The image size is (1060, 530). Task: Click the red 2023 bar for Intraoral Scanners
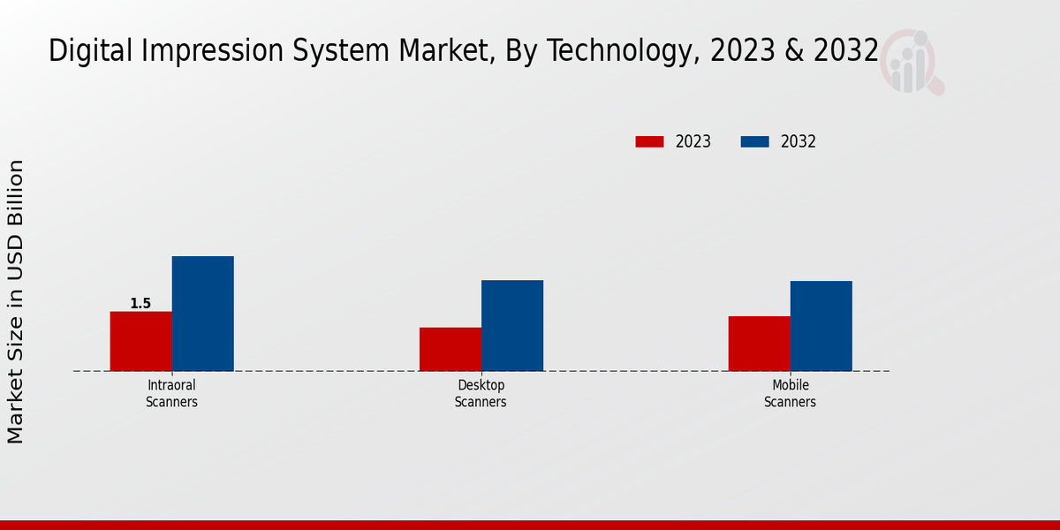(x=140, y=341)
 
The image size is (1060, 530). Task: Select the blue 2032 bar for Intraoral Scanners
(x=202, y=314)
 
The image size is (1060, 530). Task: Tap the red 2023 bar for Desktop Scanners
(x=450, y=349)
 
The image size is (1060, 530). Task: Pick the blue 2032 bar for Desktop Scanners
(x=512, y=325)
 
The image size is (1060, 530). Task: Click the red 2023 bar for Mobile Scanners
(x=759, y=344)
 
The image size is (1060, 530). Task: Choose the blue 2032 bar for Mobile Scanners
(x=821, y=326)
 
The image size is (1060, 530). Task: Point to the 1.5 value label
(x=140, y=304)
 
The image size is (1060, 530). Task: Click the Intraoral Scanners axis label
(x=171, y=394)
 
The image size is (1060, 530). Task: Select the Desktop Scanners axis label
(x=481, y=394)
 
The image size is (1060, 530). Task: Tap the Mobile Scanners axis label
(x=790, y=394)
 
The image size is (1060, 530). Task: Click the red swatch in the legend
(x=649, y=141)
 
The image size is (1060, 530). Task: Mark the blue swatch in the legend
(x=754, y=141)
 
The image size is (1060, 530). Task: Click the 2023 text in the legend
(x=693, y=141)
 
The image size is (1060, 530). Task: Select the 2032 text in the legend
(x=799, y=141)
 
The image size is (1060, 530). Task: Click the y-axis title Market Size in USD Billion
(x=16, y=301)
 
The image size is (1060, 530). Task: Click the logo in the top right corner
(x=911, y=62)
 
